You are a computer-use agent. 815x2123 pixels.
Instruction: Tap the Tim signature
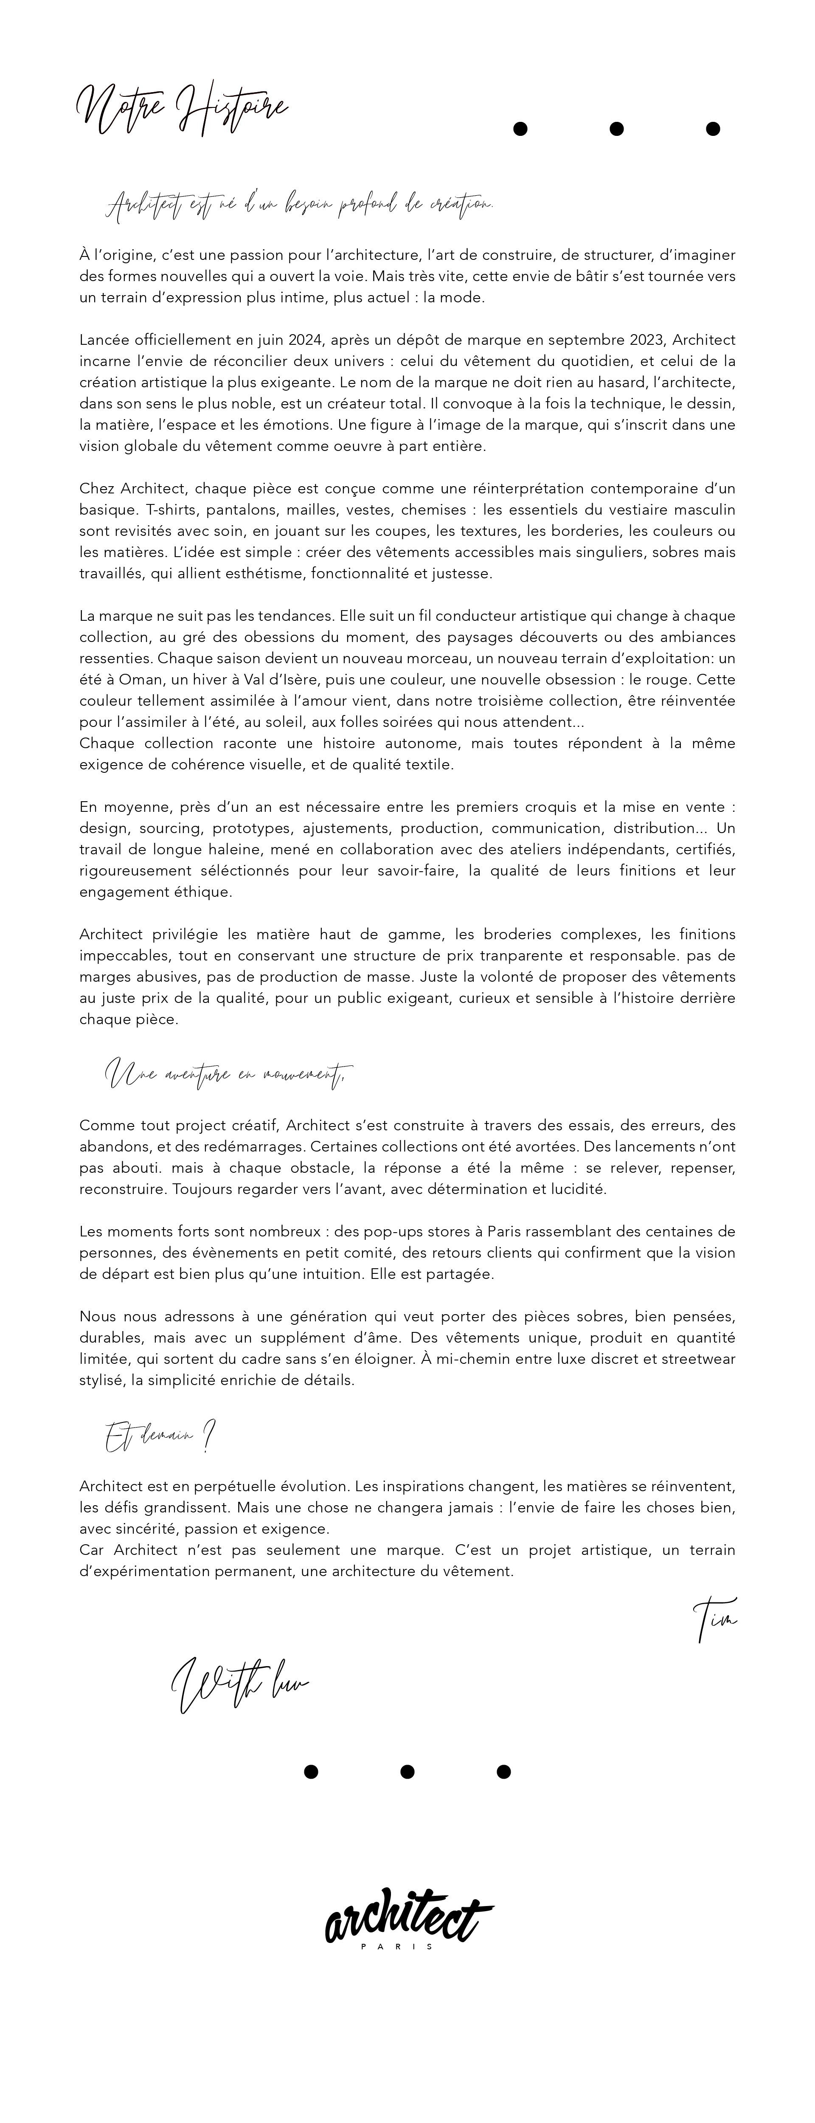pos(714,1619)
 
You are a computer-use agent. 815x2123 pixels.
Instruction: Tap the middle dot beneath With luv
pos(407,1772)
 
